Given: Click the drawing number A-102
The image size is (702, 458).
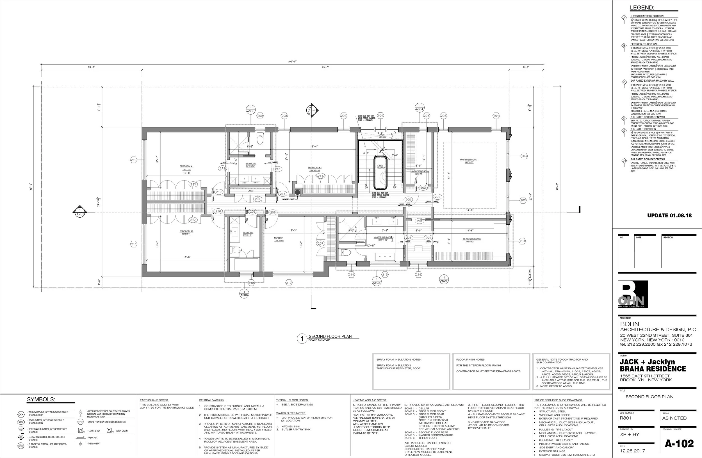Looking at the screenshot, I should click(x=679, y=444).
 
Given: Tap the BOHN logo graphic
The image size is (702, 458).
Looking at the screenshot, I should click(x=633, y=294).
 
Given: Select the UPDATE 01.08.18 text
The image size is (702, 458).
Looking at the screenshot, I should click(x=669, y=216).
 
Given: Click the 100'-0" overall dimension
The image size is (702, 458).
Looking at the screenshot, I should click(x=292, y=61).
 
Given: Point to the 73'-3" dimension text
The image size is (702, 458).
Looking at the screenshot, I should click(x=325, y=67).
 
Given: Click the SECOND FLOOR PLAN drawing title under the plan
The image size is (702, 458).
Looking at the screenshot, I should click(x=330, y=336).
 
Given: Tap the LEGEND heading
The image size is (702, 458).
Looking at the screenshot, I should click(x=642, y=8).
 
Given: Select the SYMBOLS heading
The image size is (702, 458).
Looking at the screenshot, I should click(x=41, y=400).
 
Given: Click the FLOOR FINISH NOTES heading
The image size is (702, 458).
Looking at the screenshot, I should click(x=470, y=359).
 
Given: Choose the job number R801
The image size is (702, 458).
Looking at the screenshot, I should click(x=625, y=418).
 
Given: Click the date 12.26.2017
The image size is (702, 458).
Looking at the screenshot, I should click(x=632, y=451).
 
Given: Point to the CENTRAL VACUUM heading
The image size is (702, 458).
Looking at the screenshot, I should click(x=212, y=400).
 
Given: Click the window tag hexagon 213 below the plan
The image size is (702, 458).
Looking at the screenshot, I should click(x=289, y=282).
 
